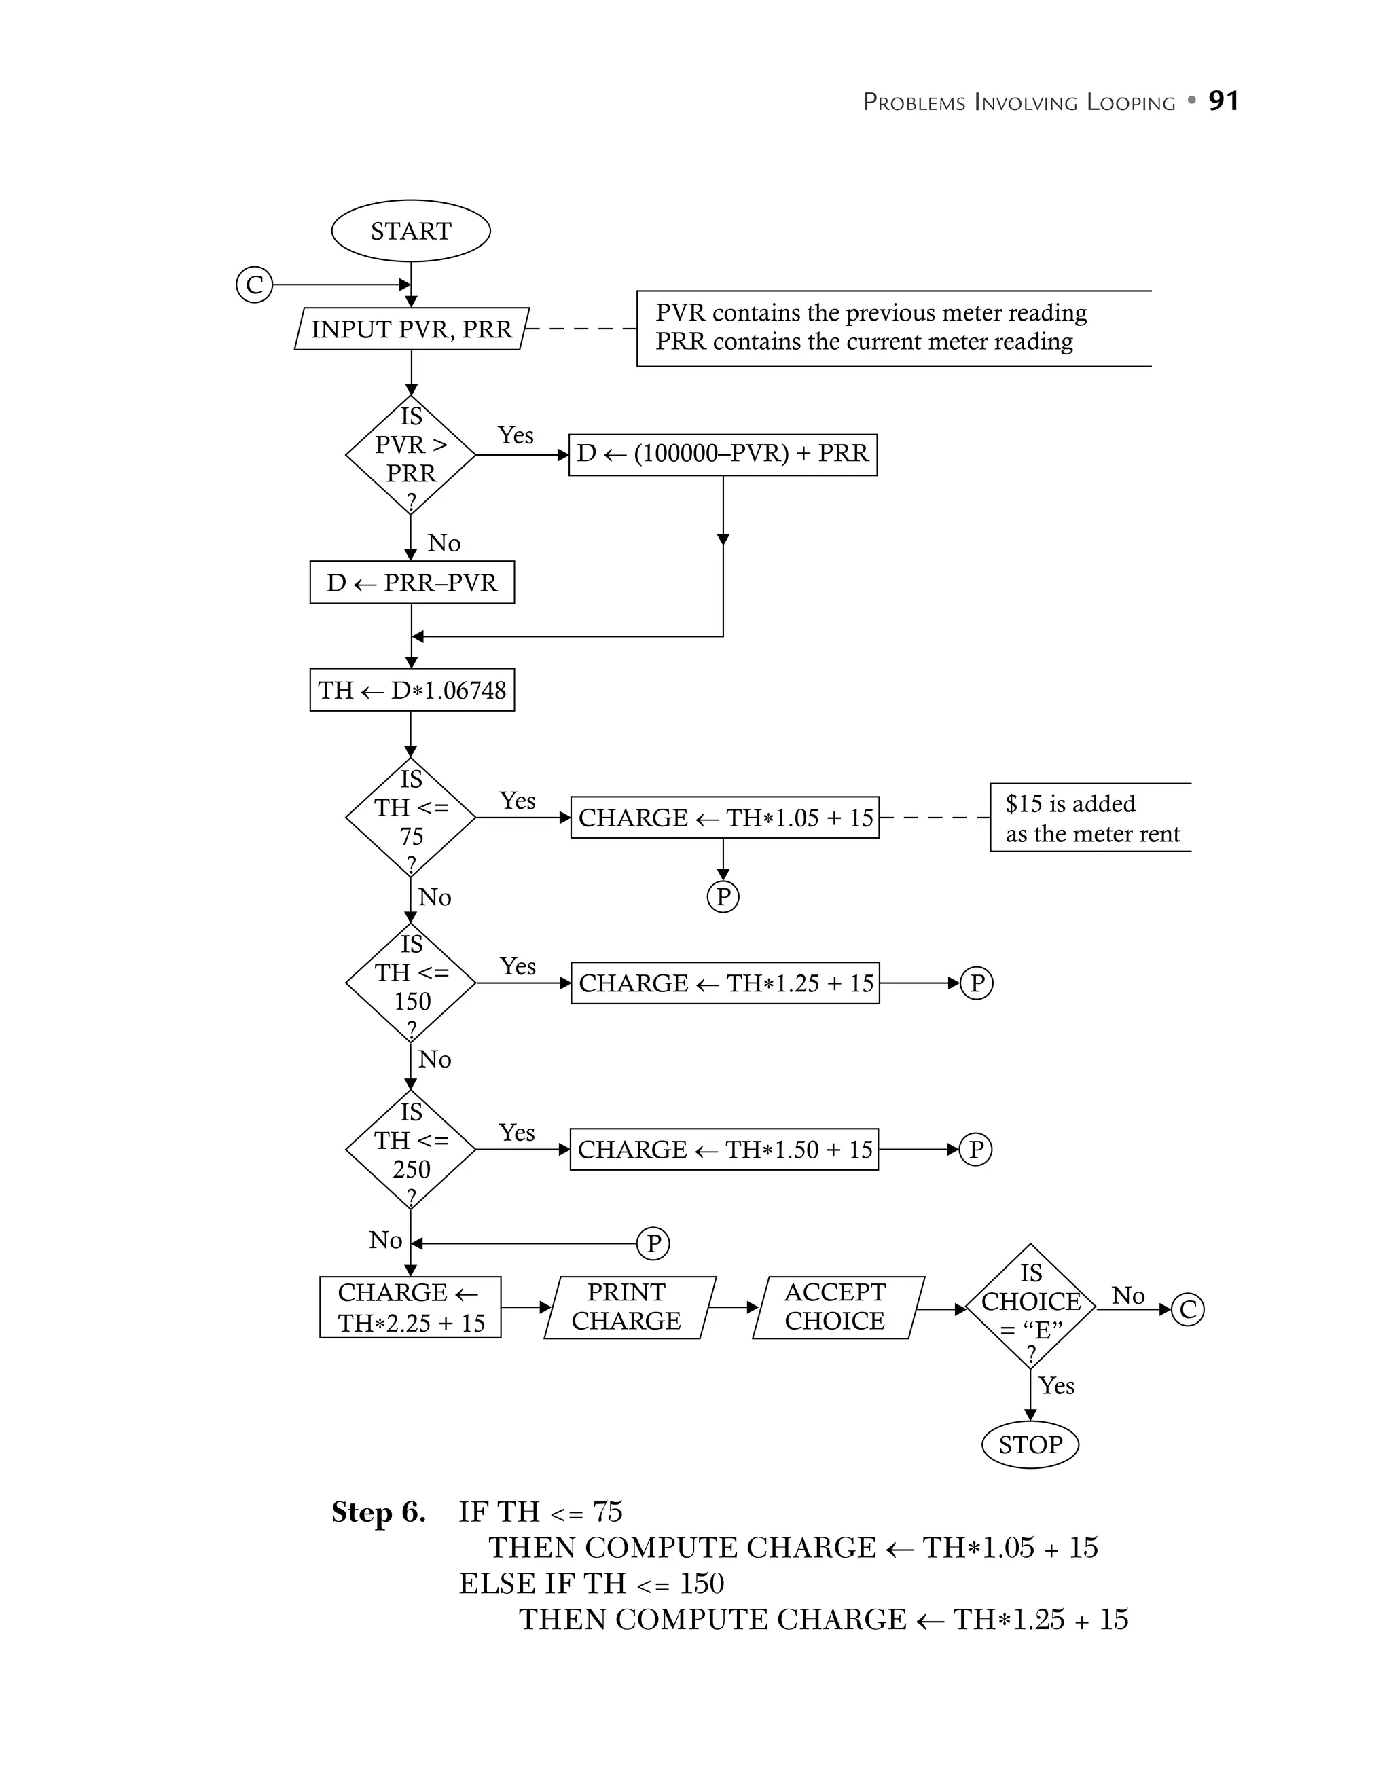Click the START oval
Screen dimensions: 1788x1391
click(410, 231)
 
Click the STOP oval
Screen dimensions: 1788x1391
click(1030, 1444)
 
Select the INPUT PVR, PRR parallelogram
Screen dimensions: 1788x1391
click(411, 329)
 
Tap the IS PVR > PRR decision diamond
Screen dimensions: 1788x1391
click(410, 454)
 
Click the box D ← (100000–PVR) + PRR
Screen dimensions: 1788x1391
click(723, 454)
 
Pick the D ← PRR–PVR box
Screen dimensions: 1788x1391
click(412, 582)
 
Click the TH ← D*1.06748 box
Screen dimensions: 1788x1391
click(412, 690)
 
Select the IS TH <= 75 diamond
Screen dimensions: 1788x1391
click(410, 817)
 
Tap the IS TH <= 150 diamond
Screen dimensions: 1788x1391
click(410, 983)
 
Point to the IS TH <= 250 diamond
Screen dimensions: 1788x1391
click(410, 1150)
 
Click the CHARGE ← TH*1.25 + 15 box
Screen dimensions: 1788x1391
click(725, 983)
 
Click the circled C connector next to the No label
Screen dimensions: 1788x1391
click(1187, 1309)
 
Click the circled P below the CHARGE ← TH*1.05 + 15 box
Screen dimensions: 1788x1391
click(722, 896)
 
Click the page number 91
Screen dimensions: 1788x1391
click(1223, 101)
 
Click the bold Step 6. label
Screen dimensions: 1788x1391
click(378, 1512)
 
